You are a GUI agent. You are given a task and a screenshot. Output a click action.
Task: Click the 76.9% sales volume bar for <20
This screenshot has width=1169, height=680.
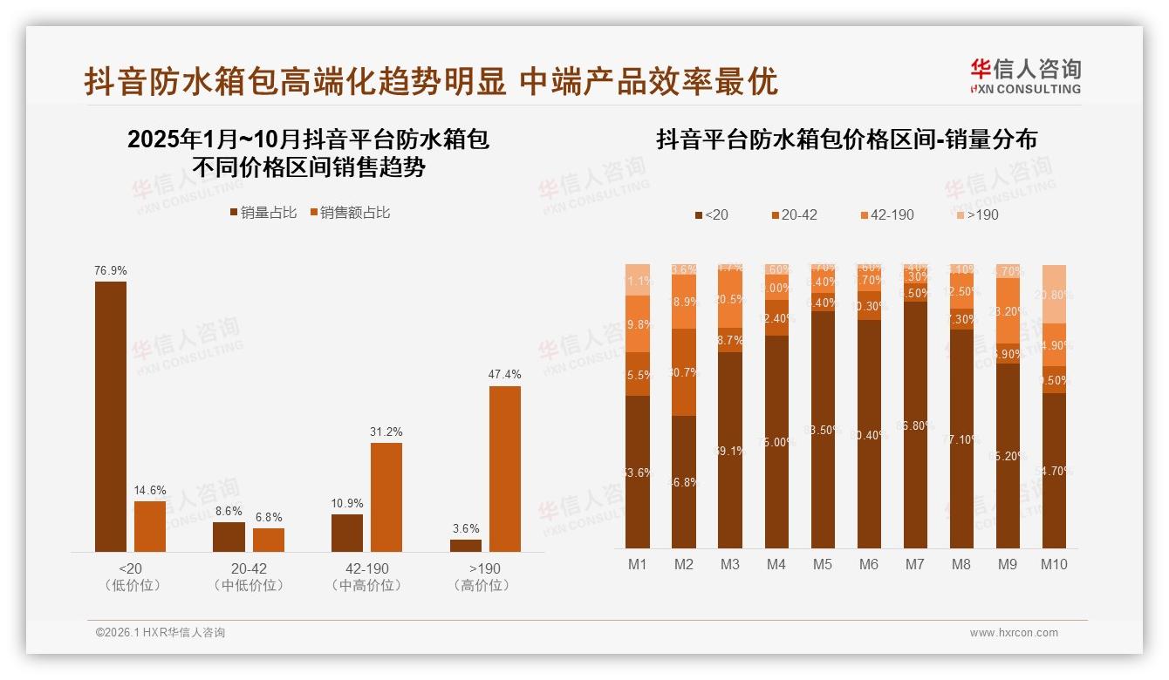click(111, 416)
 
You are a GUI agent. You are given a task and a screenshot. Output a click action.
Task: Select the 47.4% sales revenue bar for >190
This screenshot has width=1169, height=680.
click(505, 468)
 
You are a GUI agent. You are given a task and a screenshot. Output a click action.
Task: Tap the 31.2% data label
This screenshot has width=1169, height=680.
click(386, 432)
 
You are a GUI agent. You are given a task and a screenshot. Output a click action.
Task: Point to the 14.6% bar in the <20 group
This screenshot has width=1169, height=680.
click(150, 526)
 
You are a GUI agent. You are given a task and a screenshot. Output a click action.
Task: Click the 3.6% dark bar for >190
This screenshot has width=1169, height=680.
click(466, 545)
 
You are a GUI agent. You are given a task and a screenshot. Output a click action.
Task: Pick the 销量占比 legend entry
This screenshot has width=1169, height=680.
click(263, 213)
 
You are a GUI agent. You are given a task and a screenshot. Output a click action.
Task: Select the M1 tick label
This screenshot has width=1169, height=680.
click(638, 564)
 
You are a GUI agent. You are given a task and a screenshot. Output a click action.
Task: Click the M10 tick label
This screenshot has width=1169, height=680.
click(1054, 564)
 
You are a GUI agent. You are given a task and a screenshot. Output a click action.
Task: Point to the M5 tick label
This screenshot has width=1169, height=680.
click(823, 564)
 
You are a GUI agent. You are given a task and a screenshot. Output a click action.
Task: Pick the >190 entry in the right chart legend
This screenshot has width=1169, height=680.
click(977, 214)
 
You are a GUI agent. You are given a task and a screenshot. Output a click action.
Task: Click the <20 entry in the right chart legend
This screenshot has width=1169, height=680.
click(711, 214)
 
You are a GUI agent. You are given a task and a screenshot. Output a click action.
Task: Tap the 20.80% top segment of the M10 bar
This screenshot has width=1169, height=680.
click(1054, 294)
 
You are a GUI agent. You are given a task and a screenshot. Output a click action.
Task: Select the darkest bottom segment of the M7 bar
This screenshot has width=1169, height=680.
click(915, 425)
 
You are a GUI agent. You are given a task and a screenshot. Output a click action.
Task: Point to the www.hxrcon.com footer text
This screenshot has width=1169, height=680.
click(1014, 633)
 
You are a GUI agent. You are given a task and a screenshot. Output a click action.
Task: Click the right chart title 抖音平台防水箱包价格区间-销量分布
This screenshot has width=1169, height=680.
click(846, 139)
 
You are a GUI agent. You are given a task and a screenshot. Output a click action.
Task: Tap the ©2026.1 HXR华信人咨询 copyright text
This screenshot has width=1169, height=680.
click(161, 633)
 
